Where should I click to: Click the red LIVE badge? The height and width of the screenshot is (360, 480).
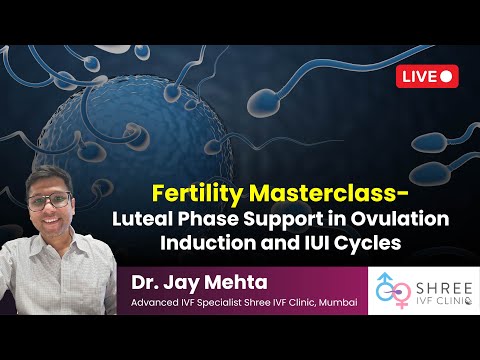tap(428, 75)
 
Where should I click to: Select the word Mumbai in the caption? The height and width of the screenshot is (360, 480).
tap(335, 298)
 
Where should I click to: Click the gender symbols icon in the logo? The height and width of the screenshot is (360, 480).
tap(394, 291)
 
